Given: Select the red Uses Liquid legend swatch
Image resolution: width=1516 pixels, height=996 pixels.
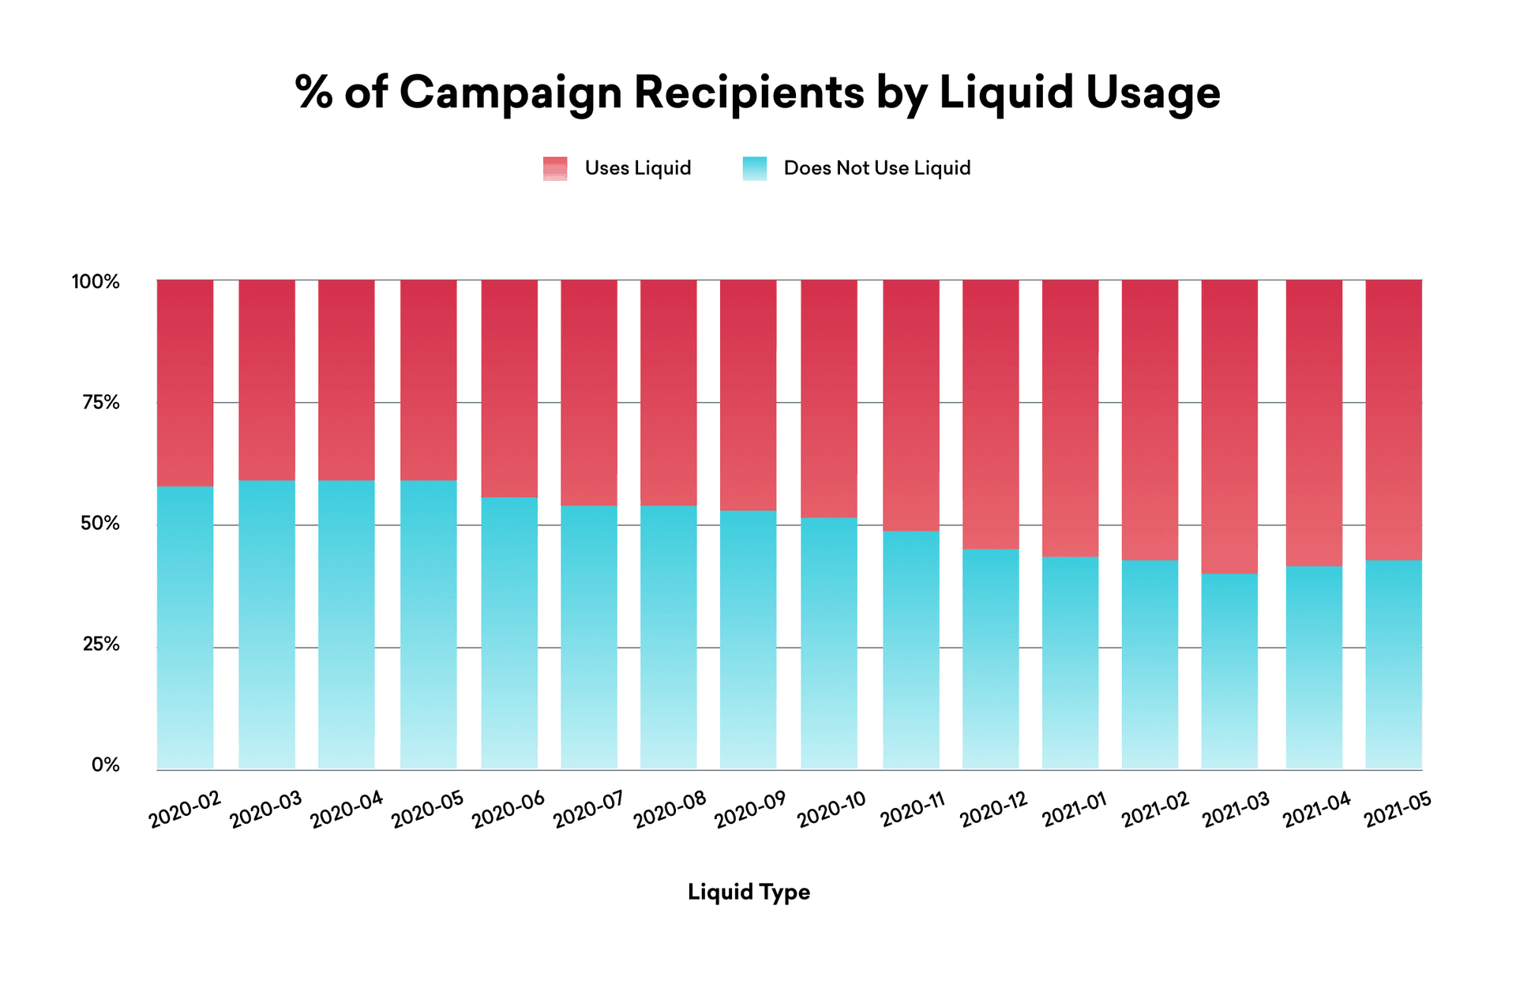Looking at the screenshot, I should coord(555,168).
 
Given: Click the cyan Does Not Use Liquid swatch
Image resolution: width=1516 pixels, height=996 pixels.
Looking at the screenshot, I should coord(754,168).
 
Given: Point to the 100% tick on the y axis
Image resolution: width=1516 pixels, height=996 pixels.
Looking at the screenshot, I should coord(96,282).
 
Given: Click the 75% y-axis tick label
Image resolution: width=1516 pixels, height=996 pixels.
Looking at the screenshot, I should coord(100,403).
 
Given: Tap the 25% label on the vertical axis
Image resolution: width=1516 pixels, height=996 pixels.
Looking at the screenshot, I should coord(100,645).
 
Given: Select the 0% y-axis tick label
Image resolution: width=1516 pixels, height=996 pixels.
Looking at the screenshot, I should coord(105,765).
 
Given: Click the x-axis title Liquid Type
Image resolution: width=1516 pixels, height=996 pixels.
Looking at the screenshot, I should coord(749,892).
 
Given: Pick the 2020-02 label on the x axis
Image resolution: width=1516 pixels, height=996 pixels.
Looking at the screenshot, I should coord(185,810).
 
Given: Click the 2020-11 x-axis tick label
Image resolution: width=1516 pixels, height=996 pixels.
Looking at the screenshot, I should coord(913,810).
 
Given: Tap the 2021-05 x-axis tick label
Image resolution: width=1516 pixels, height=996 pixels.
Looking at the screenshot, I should coord(1397,810).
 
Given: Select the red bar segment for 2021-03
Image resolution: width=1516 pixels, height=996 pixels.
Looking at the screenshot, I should coord(1229,427).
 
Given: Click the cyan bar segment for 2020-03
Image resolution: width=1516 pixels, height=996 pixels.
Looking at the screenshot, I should coord(267,624).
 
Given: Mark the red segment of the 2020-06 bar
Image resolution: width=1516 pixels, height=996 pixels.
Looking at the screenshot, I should coord(509,387).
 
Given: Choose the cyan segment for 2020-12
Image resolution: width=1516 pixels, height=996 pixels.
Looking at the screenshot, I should coord(990,660).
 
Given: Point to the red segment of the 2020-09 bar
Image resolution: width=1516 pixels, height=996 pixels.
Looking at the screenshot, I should coord(748,395).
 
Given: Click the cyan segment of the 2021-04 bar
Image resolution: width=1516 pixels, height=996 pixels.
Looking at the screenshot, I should coord(1314,667).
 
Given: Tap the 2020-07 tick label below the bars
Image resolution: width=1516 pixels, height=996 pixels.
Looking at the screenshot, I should coord(589,810).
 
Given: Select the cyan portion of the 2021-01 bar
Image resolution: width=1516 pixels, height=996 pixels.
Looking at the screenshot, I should coord(1070,663).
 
